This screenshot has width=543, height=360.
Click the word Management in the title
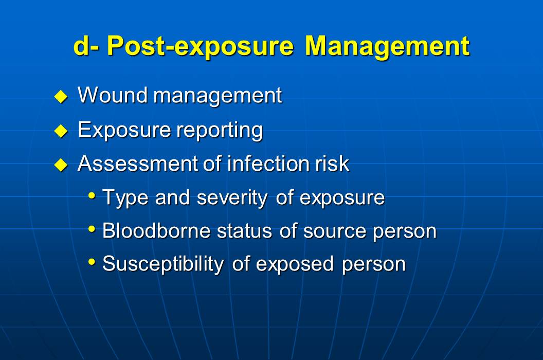387,46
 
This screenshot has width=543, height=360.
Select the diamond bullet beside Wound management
61,97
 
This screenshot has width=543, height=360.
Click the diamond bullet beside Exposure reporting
61,131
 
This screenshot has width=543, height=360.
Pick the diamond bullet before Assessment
61,165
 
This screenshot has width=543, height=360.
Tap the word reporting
220,131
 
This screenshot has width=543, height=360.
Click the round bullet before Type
92,196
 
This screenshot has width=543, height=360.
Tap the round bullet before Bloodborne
92,229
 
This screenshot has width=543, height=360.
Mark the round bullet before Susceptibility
92,262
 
